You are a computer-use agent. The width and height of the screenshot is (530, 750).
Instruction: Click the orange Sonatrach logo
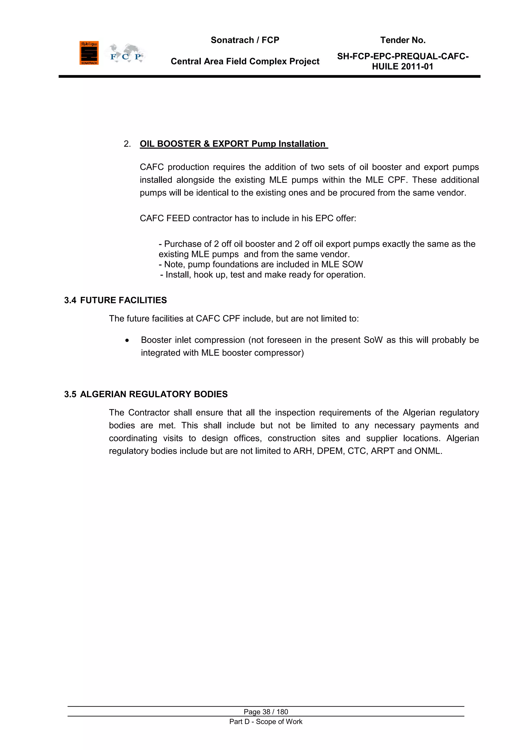tap(89, 53)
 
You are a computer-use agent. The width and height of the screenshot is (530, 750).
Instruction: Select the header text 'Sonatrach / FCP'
tap(245, 40)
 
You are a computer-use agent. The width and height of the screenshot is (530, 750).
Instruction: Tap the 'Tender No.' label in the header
tap(402, 40)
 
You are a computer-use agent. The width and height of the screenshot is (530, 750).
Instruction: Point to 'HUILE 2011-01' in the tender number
tap(402, 67)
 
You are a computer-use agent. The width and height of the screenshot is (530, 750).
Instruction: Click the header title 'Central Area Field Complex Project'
tap(245, 61)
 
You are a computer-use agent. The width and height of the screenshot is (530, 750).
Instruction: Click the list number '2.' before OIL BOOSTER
tap(127, 144)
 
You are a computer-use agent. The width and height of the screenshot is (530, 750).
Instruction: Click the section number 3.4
tap(70, 300)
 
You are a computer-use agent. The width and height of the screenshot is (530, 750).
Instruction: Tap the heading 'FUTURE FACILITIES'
tap(123, 300)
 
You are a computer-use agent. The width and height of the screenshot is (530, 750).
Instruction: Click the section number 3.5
tap(70, 394)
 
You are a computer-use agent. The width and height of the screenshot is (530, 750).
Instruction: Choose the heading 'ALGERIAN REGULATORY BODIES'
tap(154, 394)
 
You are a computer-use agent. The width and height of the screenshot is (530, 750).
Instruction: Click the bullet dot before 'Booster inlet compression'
tap(127, 340)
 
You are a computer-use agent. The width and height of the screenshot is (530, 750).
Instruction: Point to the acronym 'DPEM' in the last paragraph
tap(330, 451)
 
